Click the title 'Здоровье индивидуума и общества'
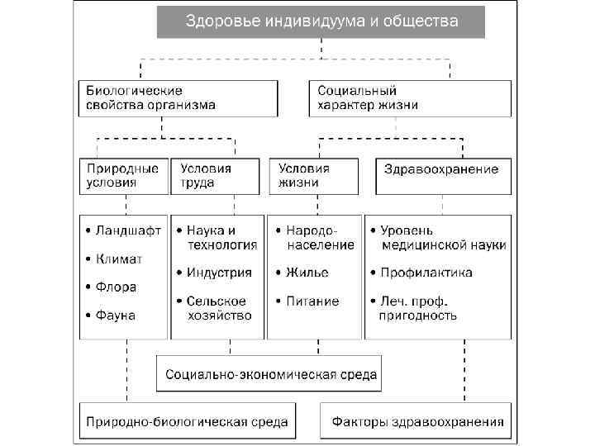click(x=321, y=21)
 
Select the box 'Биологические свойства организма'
click(x=178, y=97)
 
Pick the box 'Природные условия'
click(x=122, y=175)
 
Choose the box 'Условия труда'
click(x=215, y=175)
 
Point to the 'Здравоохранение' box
click(x=442, y=170)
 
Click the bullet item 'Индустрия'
click(x=218, y=272)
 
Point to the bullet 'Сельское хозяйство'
click(x=218, y=308)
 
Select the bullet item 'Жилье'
click(x=307, y=273)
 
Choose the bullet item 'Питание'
click(x=312, y=301)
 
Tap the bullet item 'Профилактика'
click(x=437, y=273)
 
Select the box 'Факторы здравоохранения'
click(x=417, y=422)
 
